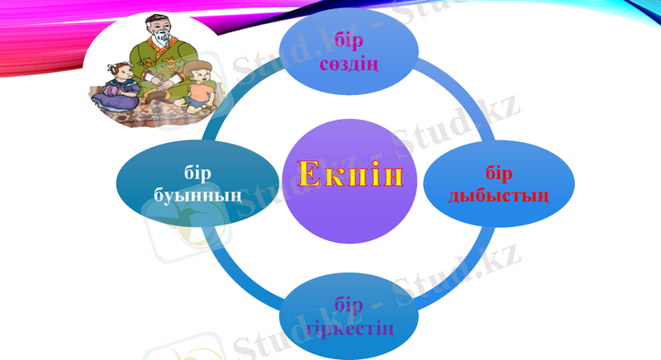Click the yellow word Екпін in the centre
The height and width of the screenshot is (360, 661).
pyautogui.click(x=350, y=175)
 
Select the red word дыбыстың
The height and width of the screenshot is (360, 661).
pyautogui.click(x=498, y=197)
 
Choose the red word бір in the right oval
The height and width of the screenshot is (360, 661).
pyautogui.click(x=499, y=174)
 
